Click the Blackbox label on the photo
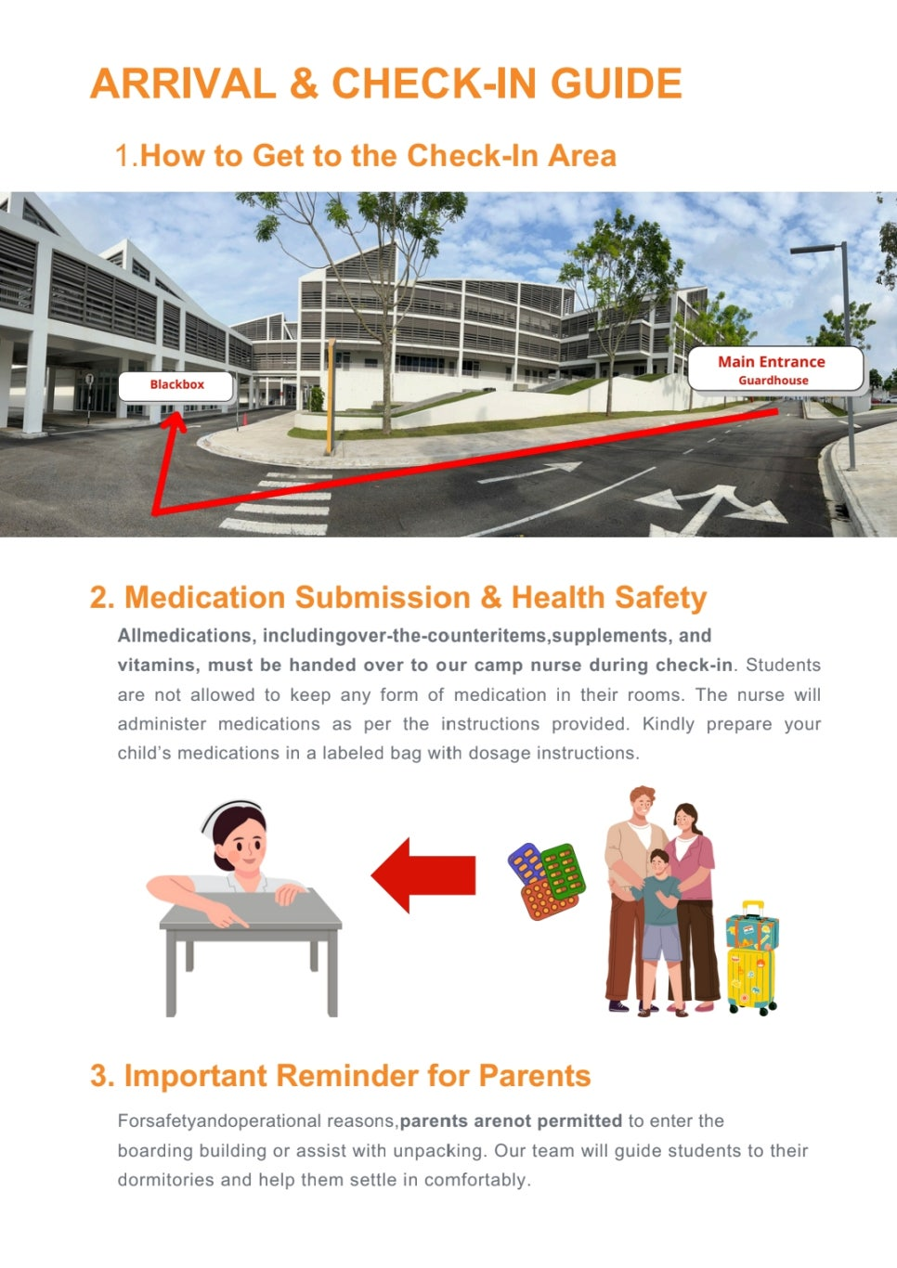tap(175, 385)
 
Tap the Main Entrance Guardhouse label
tap(775, 369)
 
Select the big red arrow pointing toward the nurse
tap(423, 875)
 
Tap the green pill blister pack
tap(564, 872)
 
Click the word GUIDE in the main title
tap(617, 84)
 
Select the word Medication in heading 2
tap(204, 598)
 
